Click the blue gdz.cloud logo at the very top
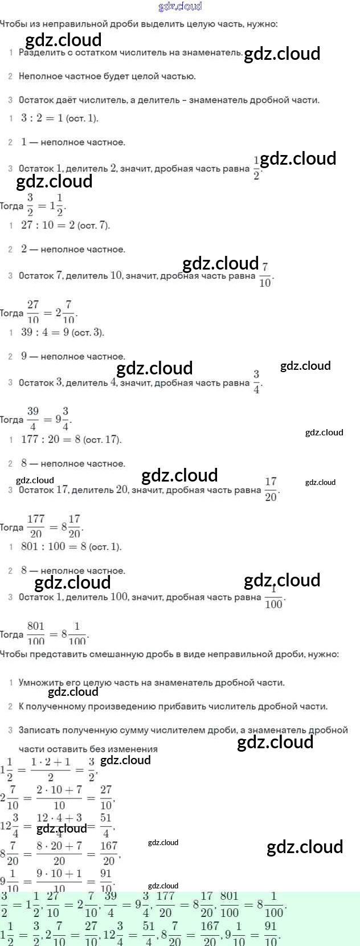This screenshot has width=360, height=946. point(180,6)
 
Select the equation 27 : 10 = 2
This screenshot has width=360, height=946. point(48,225)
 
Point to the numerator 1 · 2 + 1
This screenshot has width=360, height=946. point(51,762)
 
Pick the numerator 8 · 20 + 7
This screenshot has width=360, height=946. point(59,846)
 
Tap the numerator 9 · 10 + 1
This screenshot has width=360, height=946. point(59,874)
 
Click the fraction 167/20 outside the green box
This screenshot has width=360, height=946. point(109,853)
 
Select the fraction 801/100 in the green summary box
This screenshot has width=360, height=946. point(229,905)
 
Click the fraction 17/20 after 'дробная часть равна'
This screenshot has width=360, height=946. point(271,490)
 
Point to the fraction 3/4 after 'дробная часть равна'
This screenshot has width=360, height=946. point(256,382)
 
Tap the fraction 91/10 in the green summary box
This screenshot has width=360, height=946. point(271,933)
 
